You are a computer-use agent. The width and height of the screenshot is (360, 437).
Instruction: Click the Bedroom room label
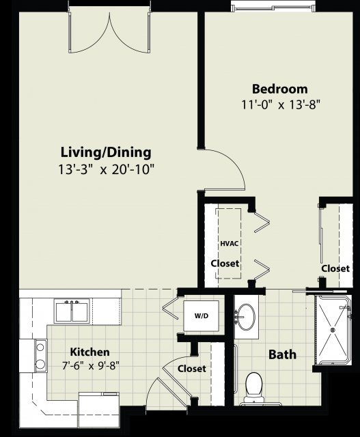(280, 89)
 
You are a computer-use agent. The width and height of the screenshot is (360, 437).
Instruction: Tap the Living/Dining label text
(106, 153)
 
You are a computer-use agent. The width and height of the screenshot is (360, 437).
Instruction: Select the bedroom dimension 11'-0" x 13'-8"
(280, 105)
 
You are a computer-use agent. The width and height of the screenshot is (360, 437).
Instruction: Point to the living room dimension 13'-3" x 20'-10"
(106, 169)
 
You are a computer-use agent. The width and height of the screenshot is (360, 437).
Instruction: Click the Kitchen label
(89, 352)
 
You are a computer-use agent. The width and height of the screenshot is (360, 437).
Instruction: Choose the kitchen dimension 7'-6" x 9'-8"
(91, 365)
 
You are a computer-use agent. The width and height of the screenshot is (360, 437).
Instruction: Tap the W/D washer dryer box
(202, 315)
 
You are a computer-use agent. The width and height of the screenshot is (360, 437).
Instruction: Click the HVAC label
(230, 243)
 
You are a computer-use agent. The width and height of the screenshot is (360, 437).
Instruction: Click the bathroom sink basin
(245, 317)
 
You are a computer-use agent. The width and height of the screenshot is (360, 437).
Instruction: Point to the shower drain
(333, 330)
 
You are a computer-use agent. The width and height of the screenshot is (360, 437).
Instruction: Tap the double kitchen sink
(72, 311)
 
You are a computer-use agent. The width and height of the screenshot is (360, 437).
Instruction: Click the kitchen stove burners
(41, 356)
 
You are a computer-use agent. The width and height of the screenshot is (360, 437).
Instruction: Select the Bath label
(282, 355)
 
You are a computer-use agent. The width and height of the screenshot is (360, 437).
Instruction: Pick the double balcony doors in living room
(109, 32)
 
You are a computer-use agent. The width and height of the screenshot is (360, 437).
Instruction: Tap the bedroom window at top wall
(273, 6)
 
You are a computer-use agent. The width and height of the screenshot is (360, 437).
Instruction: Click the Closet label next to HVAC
(225, 264)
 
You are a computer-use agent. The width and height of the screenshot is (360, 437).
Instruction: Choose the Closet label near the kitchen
(192, 369)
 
